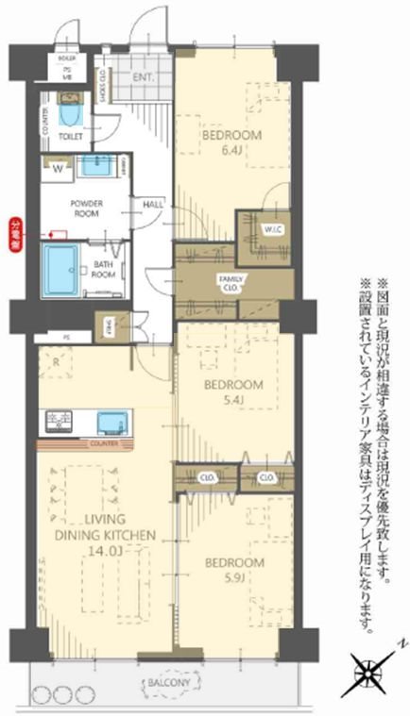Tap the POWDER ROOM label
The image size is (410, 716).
[x=85, y=208]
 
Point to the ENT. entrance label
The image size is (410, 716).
[x=145, y=77]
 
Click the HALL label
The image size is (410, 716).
[x=152, y=205]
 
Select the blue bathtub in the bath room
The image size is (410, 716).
[x=63, y=269]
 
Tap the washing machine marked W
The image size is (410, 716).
[x=59, y=170]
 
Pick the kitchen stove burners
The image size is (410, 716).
[x=55, y=421]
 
